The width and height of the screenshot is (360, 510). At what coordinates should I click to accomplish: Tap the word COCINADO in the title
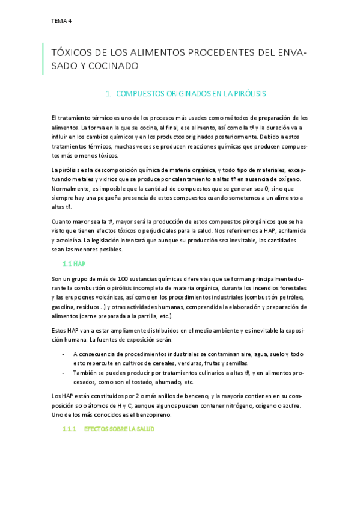[x=115, y=66]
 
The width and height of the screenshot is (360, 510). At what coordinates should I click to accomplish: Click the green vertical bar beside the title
[x=43, y=58]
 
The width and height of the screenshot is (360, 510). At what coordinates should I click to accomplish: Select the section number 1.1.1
[x=69, y=429]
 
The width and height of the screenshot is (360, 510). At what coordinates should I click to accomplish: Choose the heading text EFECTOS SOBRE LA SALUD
[x=119, y=429]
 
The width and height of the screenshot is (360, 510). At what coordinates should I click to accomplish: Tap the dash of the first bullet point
[x=64, y=354]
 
